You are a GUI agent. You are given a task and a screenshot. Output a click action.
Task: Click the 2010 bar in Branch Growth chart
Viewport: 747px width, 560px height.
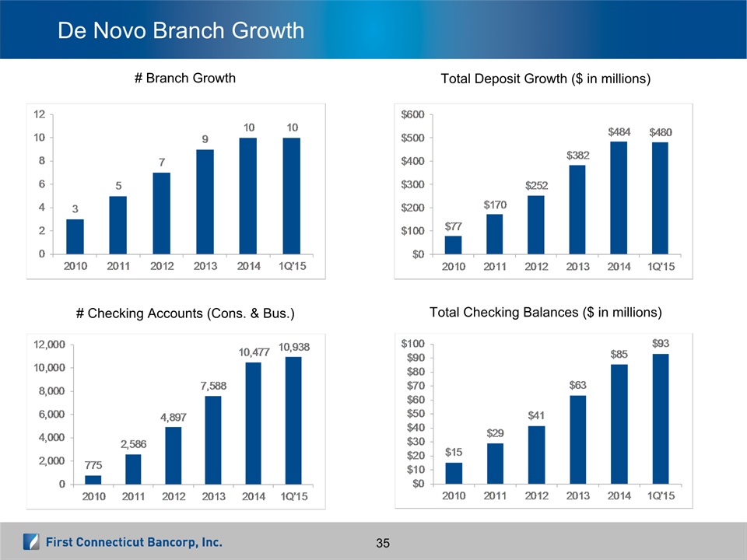[x=75, y=236]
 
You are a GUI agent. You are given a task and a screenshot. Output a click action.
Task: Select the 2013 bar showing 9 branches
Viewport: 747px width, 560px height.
[x=205, y=201]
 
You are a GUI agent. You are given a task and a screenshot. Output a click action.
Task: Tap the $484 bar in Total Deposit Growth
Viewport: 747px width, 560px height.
[x=619, y=198]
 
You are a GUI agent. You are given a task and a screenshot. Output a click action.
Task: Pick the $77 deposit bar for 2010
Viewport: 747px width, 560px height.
[x=453, y=244]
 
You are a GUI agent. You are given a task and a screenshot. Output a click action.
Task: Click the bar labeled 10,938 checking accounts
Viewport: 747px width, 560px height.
[x=293, y=420]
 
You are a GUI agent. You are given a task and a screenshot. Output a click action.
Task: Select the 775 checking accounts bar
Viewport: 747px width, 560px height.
[x=93, y=479]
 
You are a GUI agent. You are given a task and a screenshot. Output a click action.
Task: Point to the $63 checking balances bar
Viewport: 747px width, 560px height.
[x=577, y=439]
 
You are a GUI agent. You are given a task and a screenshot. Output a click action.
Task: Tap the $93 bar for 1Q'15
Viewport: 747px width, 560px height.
[x=660, y=418]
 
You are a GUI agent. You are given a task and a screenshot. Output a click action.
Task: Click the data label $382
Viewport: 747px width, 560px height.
[x=577, y=156]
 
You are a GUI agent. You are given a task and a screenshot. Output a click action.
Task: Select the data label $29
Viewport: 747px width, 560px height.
[x=495, y=433]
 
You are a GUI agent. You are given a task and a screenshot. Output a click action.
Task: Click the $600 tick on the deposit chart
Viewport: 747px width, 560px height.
[x=412, y=115]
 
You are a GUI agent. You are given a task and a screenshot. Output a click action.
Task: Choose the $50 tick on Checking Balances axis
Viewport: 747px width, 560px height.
[x=412, y=414]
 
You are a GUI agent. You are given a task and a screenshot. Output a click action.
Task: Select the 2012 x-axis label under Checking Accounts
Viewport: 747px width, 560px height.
[x=175, y=496]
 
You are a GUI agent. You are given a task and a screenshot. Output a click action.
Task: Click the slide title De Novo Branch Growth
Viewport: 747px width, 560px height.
[x=181, y=31]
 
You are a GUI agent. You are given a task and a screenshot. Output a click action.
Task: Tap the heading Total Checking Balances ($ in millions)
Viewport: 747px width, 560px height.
[x=545, y=313]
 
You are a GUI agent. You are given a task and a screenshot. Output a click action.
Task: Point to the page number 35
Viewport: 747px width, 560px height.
[x=382, y=542]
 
